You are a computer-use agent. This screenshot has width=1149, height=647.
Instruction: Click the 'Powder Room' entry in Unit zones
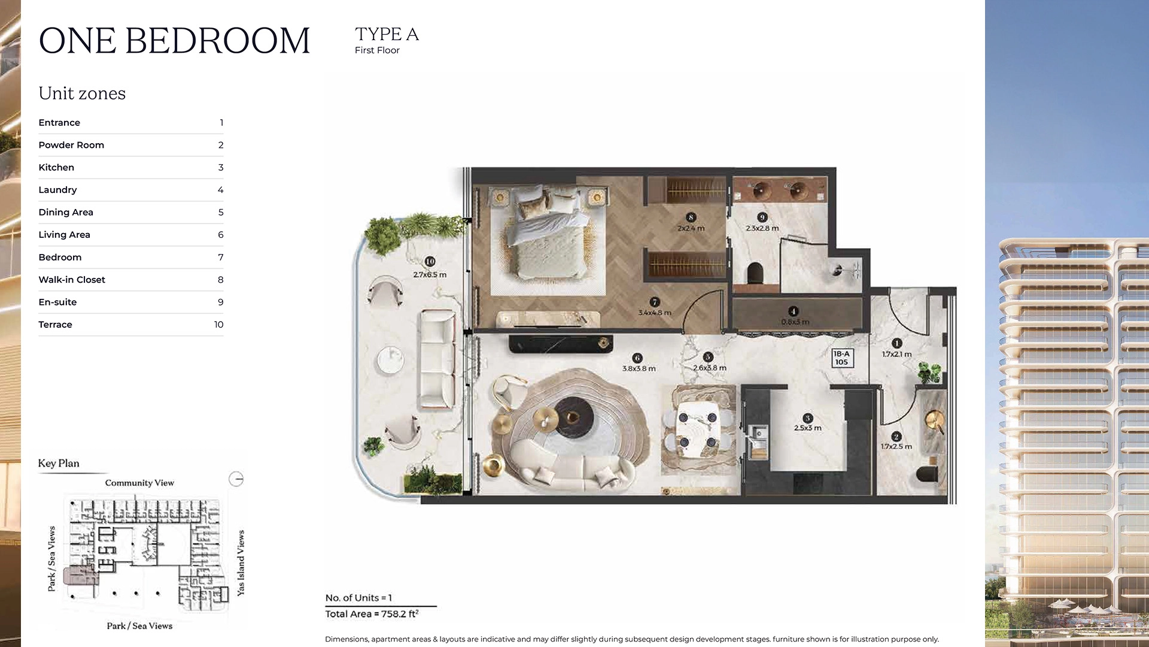(x=71, y=145)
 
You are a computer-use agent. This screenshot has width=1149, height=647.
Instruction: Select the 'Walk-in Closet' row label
(x=72, y=280)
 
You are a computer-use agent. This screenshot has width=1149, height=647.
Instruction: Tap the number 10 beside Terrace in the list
(x=218, y=325)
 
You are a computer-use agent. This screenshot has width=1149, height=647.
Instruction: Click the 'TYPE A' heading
(x=387, y=35)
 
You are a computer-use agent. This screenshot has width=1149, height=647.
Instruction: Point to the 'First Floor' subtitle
(x=377, y=50)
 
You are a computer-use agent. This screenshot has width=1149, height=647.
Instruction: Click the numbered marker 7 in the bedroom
(x=655, y=303)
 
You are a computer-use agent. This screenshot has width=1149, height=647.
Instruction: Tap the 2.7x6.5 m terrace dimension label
(x=430, y=275)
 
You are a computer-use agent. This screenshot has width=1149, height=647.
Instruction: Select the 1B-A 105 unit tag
(x=842, y=358)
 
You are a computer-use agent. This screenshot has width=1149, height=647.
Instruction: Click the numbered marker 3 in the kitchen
(x=808, y=418)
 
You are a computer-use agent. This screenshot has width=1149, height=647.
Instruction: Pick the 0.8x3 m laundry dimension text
(x=795, y=322)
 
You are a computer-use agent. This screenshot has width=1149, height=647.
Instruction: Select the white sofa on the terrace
(x=437, y=359)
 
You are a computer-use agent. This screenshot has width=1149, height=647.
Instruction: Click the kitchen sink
(x=758, y=433)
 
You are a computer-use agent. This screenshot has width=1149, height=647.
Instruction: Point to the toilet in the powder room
(x=927, y=473)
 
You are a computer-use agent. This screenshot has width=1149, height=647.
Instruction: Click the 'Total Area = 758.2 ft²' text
(x=372, y=614)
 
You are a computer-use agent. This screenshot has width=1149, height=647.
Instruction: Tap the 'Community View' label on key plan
(x=139, y=483)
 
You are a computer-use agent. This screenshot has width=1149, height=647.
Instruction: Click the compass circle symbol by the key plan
(x=236, y=479)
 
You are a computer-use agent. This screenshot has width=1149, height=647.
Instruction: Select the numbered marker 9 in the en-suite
(x=762, y=217)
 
